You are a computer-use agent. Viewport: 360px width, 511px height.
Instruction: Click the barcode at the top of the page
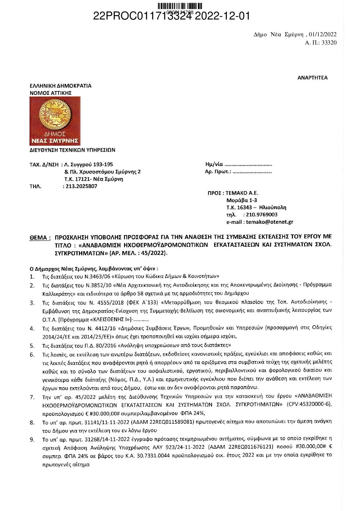coord(180,6)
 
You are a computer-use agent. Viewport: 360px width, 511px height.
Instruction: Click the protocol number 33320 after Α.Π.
coord(329,43)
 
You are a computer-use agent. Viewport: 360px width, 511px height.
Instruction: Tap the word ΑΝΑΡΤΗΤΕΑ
coord(312,78)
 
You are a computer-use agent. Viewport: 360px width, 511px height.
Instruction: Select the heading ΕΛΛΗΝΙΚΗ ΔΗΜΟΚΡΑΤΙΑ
coord(61,86)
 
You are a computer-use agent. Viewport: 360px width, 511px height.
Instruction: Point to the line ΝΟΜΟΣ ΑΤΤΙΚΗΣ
coord(51,93)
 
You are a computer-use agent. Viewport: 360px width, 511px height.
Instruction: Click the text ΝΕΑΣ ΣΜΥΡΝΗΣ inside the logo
coord(55,141)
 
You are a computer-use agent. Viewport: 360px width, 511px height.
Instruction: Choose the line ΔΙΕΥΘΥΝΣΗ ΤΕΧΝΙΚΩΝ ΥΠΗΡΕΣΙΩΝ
coord(73,150)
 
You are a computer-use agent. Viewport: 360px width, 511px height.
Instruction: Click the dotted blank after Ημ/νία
coord(248,165)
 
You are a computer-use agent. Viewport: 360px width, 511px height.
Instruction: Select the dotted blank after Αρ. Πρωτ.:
coord(252,172)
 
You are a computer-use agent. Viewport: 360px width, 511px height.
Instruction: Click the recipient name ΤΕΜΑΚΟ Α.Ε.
coord(242,193)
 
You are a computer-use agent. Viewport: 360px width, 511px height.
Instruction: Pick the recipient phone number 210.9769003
coord(262,215)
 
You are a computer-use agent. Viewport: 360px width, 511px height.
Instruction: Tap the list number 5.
coord(32,345)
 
